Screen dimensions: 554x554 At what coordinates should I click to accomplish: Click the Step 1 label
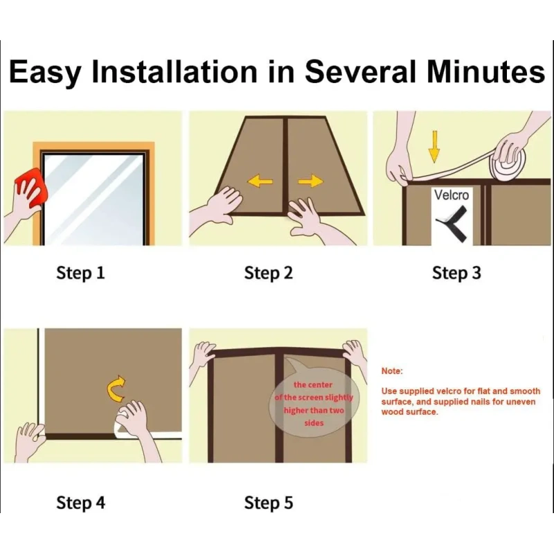point(80,273)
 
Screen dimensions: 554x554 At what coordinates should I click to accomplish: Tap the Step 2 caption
point(269,273)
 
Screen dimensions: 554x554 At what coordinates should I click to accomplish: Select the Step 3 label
point(456,273)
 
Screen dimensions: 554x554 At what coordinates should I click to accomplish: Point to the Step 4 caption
point(80,503)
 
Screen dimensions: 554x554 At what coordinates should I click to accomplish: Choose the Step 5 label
point(269,503)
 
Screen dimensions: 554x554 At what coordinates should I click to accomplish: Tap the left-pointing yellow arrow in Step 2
point(260,181)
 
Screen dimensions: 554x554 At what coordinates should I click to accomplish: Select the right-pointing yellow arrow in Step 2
point(310,181)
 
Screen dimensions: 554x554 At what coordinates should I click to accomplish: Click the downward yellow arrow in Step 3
point(434,147)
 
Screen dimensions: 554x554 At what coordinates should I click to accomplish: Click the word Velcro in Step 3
point(452,195)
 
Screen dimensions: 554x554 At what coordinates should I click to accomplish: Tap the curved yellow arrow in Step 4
point(116,388)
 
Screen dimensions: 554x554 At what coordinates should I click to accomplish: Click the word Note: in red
point(392,371)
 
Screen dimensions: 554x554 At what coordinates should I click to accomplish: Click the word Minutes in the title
point(486,72)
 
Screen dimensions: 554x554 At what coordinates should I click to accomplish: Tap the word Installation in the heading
point(175,72)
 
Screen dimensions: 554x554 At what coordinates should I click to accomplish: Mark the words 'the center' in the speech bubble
point(313,384)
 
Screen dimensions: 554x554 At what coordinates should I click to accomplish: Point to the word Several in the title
point(360,72)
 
